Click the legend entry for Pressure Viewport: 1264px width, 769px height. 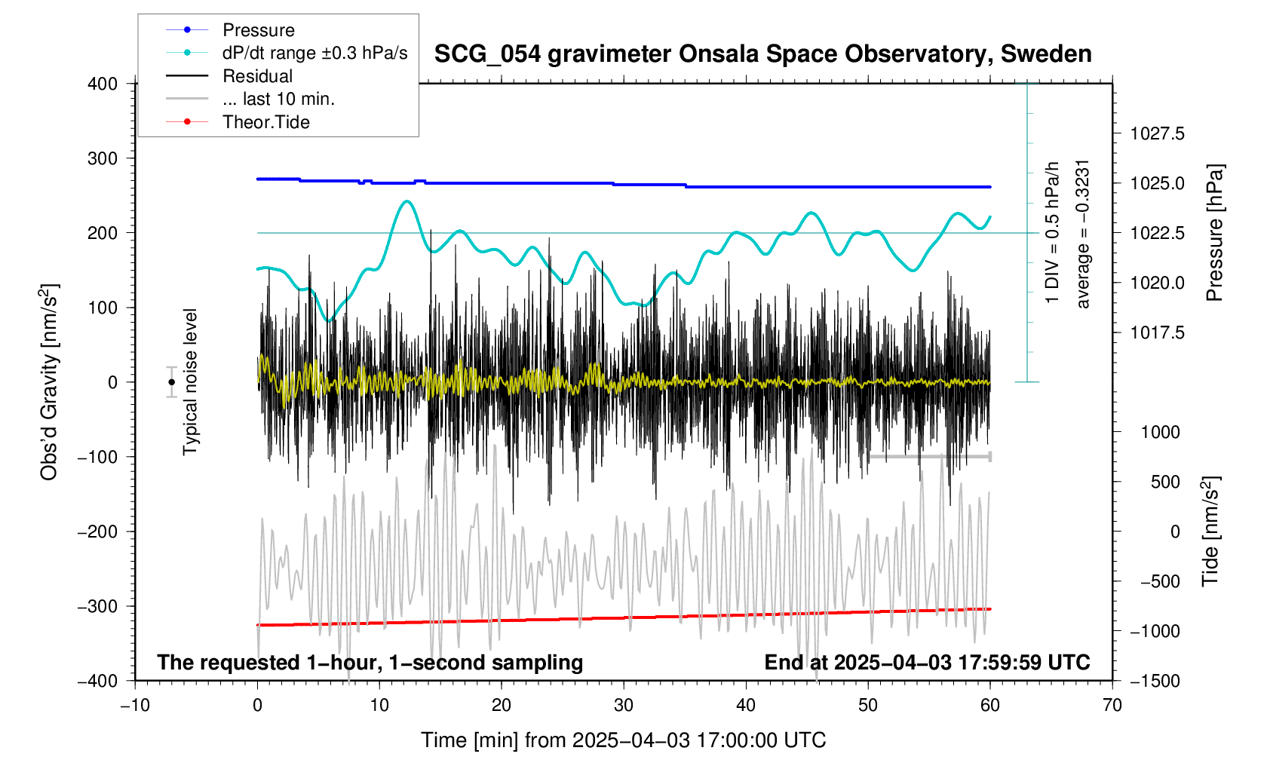click(x=258, y=30)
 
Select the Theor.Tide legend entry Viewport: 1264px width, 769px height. click(x=265, y=122)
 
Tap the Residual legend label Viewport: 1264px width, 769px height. click(x=257, y=76)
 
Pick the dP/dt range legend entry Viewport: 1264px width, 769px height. click(x=314, y=53)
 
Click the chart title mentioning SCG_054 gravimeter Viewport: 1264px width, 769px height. click(x=762, y=54)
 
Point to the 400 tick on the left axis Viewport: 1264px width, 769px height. click(x=103, y=84)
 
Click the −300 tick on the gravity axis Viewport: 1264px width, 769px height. click(x=98, y=607)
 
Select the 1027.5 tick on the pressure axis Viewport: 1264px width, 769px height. click(x=1157, y=134)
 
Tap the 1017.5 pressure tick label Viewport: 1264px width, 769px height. click(x=1157, y=333)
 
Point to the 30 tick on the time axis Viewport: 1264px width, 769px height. click(x=624, y=706)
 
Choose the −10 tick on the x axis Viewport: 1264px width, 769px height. click(x=135, y=706)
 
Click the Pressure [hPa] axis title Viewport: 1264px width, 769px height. click(x=1214, y=233)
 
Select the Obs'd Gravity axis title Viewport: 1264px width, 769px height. click(x=50, y=382)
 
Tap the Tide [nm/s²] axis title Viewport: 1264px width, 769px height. click(x=1210, y=532)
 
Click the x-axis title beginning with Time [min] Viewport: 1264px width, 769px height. click(x=623, y=740)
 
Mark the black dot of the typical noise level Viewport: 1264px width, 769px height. click(x=172, y=382)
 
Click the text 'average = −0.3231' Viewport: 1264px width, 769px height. click(x=1083, y=234)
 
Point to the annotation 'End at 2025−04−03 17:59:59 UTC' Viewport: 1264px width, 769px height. click(x=927, y=663)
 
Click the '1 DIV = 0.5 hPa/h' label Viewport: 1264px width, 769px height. click(x=1052, y=232)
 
